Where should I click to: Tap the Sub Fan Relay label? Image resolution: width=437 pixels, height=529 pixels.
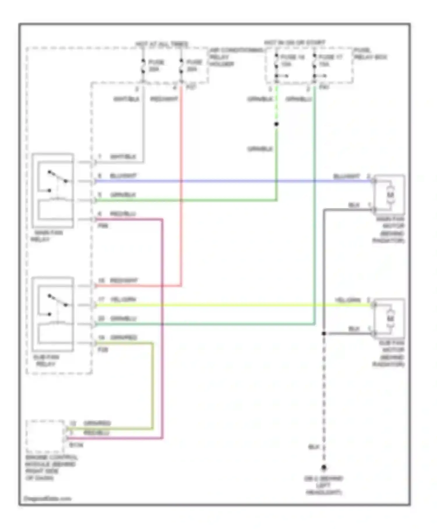point(46,360)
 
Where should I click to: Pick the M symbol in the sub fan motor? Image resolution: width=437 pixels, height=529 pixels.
point(390,318)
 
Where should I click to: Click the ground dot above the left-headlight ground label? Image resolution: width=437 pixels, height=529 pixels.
point(324,468)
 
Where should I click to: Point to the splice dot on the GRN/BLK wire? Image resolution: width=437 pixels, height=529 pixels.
point(276,124)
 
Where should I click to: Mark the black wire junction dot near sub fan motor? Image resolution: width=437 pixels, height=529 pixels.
point(324,333)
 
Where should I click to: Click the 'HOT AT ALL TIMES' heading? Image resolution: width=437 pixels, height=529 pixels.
point(162,44)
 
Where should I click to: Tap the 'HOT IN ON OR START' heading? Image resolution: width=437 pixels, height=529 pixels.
point(295,43)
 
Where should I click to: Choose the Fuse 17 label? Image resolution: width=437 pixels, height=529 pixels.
point(330,60)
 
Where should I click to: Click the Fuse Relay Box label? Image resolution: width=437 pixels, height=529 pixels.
point(370,54)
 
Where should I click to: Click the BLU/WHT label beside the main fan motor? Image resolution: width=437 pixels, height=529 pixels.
point(346,176)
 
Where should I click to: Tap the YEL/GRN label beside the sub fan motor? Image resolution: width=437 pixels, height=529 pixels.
point(348,300)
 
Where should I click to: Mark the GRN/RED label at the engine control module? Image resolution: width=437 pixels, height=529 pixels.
point(97,423)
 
